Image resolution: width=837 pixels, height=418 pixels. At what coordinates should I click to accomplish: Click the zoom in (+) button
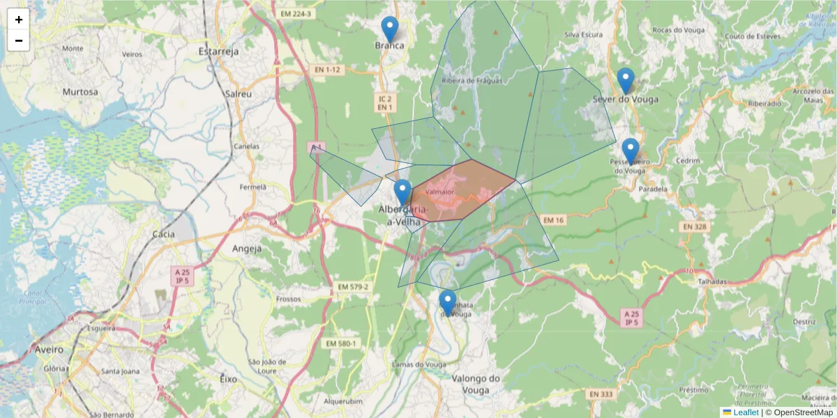[x=19, y=20]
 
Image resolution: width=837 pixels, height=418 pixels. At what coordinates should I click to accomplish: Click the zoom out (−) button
[x=19, y=40]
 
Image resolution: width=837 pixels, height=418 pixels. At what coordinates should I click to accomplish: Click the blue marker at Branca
[x=390, y=30]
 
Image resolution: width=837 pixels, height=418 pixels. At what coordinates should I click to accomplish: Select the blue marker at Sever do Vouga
[x=626, y=81]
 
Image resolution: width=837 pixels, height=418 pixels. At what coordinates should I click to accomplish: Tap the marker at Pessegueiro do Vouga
[x=630, y=151]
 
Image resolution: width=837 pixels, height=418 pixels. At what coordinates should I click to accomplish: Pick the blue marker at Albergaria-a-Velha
[x=402, y=192]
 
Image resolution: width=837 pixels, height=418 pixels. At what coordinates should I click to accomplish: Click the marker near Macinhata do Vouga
[x=448, y=303]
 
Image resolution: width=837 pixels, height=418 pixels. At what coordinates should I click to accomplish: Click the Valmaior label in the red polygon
[x=439, y=192]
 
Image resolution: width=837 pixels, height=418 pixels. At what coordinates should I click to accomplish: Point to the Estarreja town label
[x=218, y=52]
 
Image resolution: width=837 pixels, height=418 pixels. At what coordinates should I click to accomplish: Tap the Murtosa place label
[x=80, y=91]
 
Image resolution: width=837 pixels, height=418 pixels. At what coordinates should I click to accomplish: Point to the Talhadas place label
[x=713, y=281]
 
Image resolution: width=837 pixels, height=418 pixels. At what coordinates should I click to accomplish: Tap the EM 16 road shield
[x=552, y=220]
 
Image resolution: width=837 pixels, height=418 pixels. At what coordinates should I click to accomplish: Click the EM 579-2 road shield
[x=352, y=286]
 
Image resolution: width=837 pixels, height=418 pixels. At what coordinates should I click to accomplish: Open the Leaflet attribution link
[x=746, y=412]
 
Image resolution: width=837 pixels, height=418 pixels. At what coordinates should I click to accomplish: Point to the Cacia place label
[x=163, y=234]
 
